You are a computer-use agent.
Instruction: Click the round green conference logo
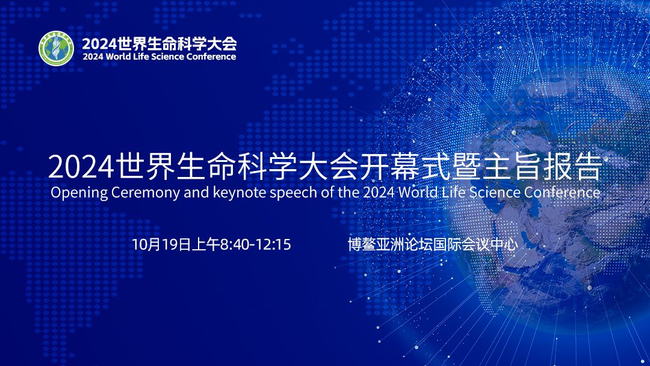56,48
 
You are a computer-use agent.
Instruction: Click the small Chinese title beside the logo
159,43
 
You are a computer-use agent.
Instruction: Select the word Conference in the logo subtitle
211,57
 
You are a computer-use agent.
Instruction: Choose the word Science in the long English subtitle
494,193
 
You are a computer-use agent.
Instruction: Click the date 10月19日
160,244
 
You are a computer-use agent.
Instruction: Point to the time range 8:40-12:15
256,244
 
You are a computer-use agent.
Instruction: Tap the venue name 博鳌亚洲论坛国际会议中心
432,244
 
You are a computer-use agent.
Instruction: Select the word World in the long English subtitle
419,193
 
